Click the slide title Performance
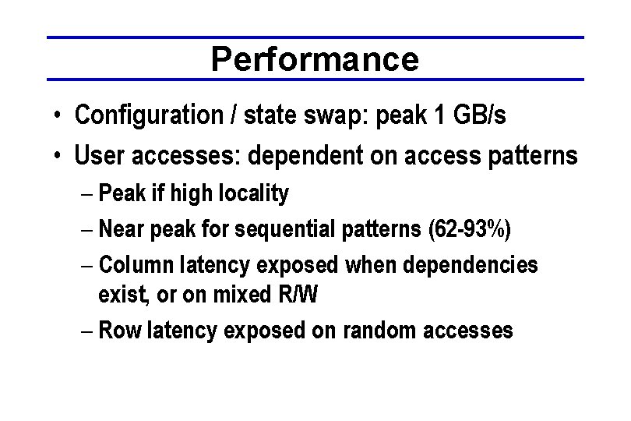(315, 58)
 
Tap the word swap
(337, 117)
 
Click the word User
(98, 156)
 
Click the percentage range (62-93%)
(470, 231)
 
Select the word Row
(118, 330)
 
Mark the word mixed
(249, 295)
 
